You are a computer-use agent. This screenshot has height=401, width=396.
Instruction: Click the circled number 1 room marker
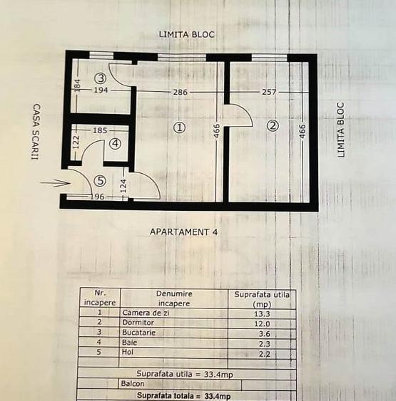pyautogui.click(x=179, y=127)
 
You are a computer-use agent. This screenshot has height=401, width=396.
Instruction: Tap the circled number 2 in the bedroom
pyautogui.click(x=273, y=126)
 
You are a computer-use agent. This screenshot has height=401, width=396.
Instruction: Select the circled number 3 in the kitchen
pyautogui.click(x=101, y=78)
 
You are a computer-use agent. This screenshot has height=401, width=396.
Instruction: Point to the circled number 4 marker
pyautogui.click(x=116, y=143)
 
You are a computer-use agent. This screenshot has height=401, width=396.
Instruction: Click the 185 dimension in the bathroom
pyautogui.click(x=100, y=130)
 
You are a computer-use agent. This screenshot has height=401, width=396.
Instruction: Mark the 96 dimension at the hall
pyautogui.click(x=96, y=197)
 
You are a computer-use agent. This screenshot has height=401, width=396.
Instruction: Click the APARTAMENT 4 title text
pyautogui.click(x=183, y=231)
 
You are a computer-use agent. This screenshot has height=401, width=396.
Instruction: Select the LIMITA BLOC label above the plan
pyautogui.click(x=187, y=34)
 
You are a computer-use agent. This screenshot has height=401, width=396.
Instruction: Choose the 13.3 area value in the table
pyautogui.click(x=263, y=313)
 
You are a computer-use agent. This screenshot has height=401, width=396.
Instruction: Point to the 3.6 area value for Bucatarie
pyautogui.click(x=263, y=333)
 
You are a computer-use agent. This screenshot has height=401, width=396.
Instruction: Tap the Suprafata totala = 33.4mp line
pyautogui.click(x=184, y=395)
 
